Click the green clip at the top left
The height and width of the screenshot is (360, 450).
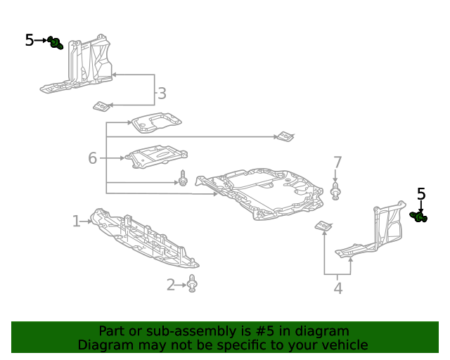click(56, 44)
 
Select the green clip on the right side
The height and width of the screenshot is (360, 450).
click(419, 217)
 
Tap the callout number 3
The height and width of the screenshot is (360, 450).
click(162, 94)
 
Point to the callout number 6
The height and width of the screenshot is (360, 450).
click(92, 158)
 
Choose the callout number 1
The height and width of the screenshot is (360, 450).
click(76, 221)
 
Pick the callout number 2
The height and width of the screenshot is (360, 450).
click(171, 285)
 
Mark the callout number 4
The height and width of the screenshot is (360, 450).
click(338, 288)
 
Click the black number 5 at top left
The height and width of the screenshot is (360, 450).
click(29, 40)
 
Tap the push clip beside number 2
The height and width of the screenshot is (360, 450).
click(193, 285)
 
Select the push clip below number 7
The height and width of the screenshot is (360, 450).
click(336, 191)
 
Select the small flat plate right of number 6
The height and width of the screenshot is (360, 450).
click(156, 157)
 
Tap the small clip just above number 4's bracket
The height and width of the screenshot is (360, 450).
click(323, 226)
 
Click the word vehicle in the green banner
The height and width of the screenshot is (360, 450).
click(342, 345)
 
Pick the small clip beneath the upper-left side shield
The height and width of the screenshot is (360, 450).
click(102, 106)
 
